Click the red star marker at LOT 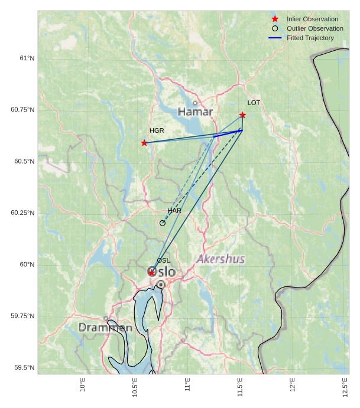pos(242,115)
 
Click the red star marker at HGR pos(144,143)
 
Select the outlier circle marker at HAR pos(163,223)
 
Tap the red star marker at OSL pos(152,273)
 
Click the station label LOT pos(254,103)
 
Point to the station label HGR pos(157,130)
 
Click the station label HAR pos(174,211)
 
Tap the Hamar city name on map pos(195,112)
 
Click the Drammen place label pos(105,328)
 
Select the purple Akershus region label pos(220,259)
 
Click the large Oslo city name pos(161,272)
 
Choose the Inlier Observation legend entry pos(312,19)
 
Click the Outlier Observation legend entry pos(314,28)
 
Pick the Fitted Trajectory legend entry pos(310,38)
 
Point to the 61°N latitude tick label pos(27,58)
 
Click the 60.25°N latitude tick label pos(22,213)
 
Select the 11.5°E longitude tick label pos(240,387)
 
